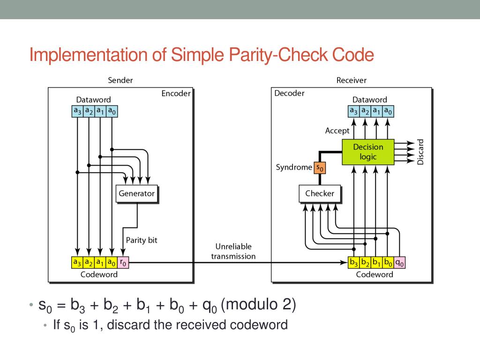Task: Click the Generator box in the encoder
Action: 136,193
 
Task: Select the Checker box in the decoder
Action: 319,193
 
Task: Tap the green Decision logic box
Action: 368,152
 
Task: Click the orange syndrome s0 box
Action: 319,167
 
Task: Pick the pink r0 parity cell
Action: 123,263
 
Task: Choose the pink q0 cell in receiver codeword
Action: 400,263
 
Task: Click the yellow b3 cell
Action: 354,263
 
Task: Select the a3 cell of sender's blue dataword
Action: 77,111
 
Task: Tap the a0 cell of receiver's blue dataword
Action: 388,111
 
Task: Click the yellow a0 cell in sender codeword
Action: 112,263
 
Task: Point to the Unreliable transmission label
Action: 233,251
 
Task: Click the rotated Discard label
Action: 420,152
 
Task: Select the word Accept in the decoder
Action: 337,131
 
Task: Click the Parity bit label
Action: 142,240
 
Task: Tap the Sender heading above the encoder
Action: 120,80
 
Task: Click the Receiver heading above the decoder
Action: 351,80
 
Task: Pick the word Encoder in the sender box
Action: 176,93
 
